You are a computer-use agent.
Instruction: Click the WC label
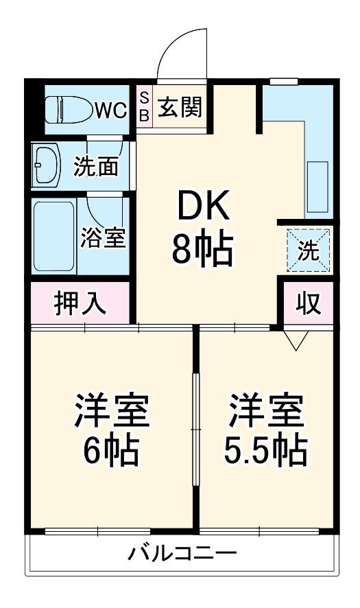(110, 110)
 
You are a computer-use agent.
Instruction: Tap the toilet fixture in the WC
(68, 109)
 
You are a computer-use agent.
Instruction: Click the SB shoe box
(144, 106)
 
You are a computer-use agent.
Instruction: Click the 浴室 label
(103, 237)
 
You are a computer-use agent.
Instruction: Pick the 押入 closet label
(81, 303)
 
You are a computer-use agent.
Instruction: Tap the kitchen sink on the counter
(317, 187)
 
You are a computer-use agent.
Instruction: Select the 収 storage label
(309, 303)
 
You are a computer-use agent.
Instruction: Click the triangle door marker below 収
(297, 339)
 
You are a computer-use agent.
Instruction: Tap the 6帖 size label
(112, 452)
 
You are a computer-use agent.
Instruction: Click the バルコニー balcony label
(182, 552)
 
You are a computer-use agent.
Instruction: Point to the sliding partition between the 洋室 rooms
(196, 429)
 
